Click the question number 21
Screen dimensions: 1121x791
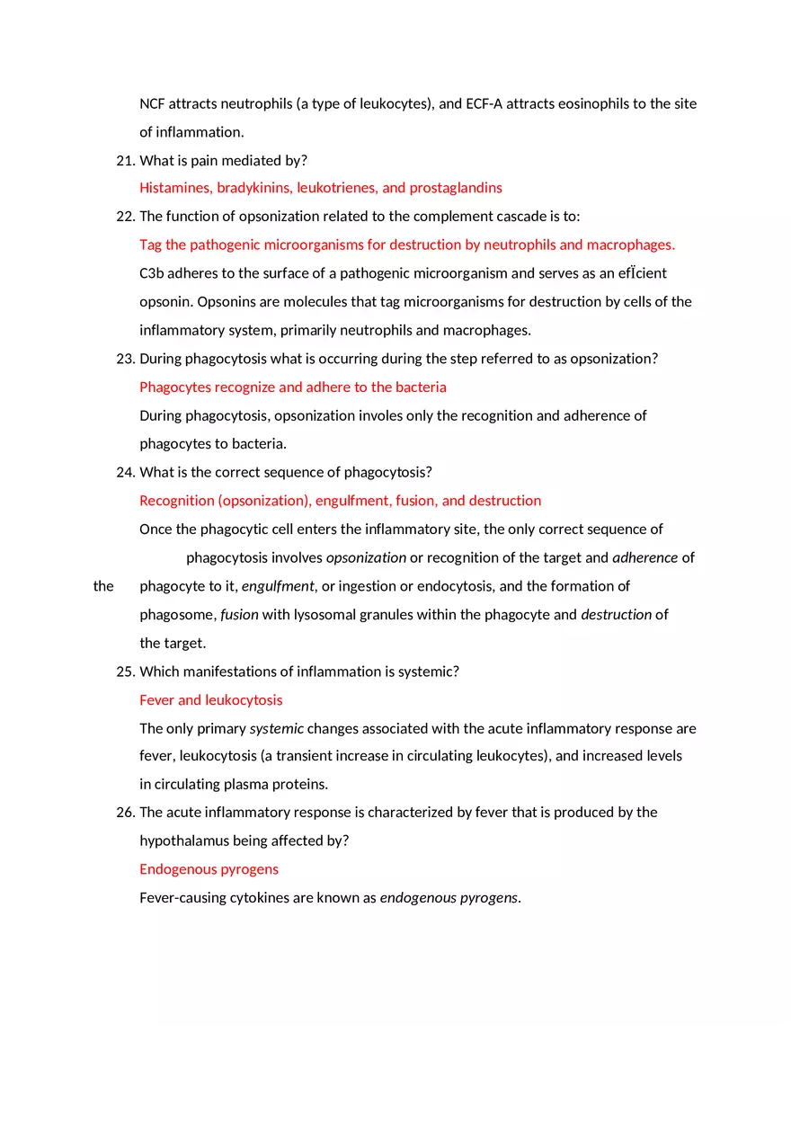[125, 161]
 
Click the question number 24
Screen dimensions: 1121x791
[125, 472]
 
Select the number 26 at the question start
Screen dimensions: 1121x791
[125, 812]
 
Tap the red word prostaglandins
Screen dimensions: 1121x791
[456, 188]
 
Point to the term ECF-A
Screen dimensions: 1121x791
[484, 103]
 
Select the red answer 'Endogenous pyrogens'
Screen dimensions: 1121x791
[209, 869]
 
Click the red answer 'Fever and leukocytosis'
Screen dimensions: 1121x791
[210, 700]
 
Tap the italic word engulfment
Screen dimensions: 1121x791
[278, 586]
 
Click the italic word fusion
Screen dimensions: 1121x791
[239, 615]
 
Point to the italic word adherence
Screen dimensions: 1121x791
[644, 557]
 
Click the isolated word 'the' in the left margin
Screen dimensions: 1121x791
[103, 586]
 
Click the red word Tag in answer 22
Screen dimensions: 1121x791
[150, 245]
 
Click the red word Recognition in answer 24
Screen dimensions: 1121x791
[176, 501]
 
